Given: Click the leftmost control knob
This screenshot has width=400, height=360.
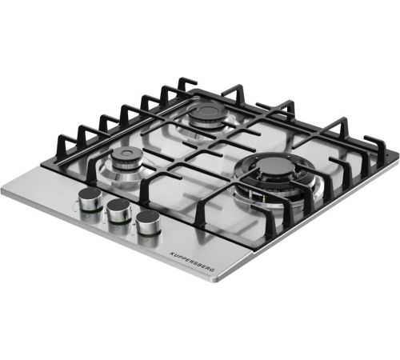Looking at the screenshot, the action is [90, 199].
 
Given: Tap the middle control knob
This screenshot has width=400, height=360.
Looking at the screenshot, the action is [118, 210].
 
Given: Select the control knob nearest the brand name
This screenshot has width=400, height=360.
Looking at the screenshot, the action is [148, 222].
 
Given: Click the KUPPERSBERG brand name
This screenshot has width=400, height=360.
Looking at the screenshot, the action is [192, 262].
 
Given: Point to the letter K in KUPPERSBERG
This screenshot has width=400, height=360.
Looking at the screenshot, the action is [171, 253].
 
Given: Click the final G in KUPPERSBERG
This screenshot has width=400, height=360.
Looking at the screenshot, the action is [212, 270].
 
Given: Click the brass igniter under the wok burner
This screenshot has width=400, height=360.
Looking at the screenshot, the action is [263, 198].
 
